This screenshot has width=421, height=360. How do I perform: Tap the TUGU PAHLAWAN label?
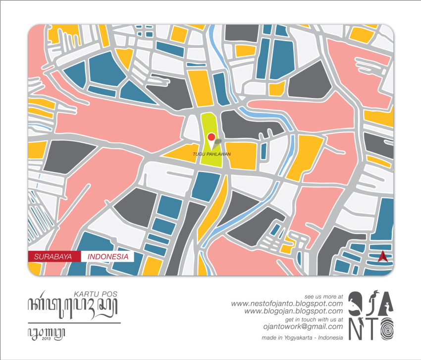coord(212,154)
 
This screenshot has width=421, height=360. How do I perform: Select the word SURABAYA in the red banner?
coord(55,257)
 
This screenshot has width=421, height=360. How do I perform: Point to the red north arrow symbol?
coord(382,256)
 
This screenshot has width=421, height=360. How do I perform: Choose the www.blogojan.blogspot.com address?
coord(293,311)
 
